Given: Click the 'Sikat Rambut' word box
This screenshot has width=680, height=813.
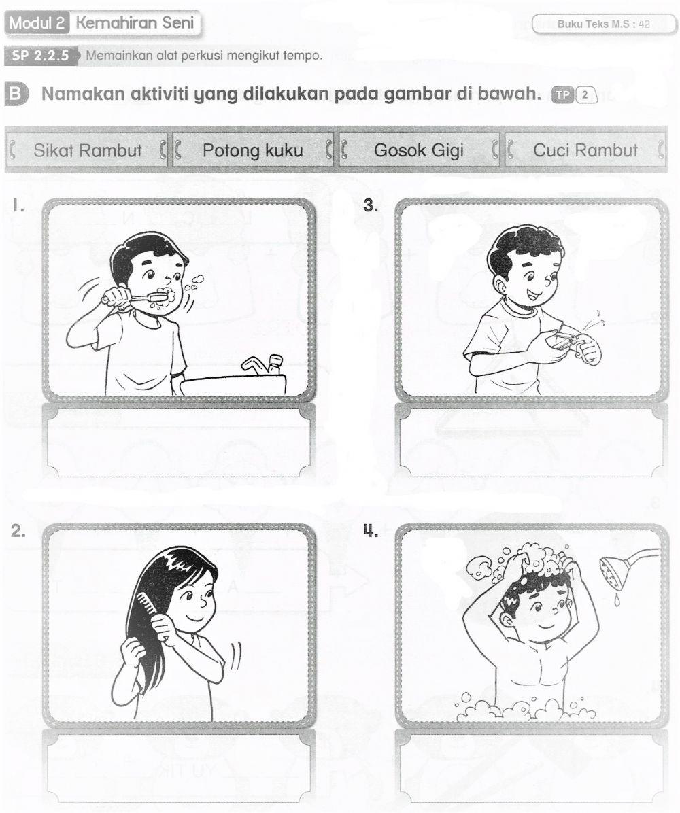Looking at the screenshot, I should [x=88, y=150].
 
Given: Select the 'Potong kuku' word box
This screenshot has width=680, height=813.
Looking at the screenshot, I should [x=252, y=150].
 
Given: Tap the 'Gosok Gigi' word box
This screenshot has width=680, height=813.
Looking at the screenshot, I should [x=418, y=150].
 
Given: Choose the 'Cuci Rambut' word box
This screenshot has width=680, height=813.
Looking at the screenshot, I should [x=585, y=150].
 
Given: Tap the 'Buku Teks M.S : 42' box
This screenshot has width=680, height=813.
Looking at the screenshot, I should [x=604, y=24].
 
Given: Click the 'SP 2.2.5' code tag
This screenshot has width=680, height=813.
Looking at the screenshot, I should [x=41, y=56].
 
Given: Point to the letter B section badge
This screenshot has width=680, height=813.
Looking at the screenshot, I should [x=14, y=94].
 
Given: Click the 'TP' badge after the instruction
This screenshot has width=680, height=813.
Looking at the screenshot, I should [x=562, y=94].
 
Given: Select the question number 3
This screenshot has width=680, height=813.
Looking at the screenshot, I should [x=371, y=206].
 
